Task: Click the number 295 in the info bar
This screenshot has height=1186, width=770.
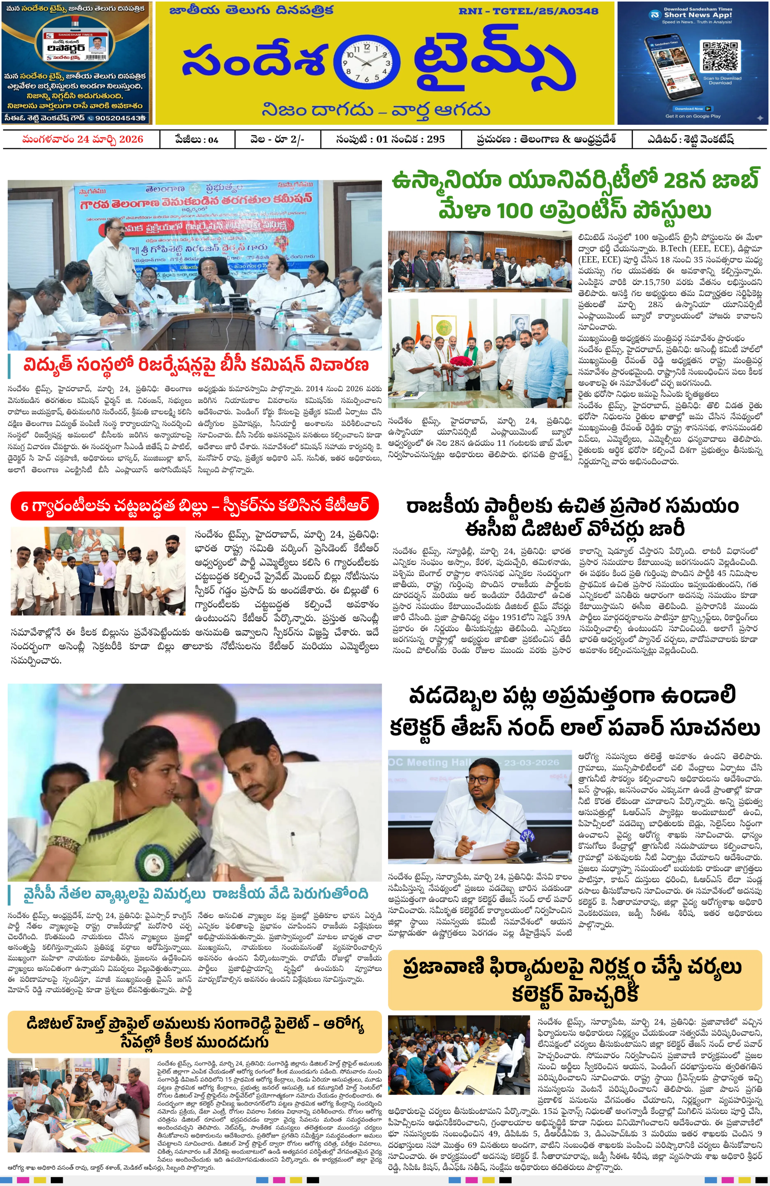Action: point(436,139)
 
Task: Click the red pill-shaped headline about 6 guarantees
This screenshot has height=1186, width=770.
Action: point(194,506)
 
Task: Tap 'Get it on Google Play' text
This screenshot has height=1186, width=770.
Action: point(693,117)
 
